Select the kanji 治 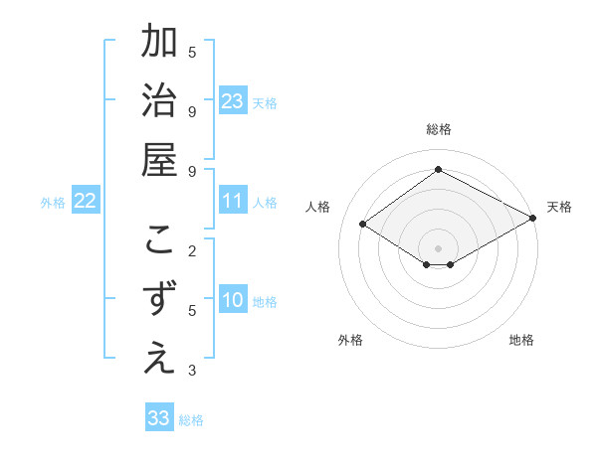(x=158, y=101)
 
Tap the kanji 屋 (x=158, y=160)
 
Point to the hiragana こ (x=158, y=241)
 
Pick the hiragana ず (x=158, y=301)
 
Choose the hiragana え (x=158, y=360)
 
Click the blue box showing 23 (x=233, y=101)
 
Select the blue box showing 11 (x=233, y=202)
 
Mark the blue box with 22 (x=85, y=202)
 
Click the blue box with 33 (x=159, y=418)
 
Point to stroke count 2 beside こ (x=192, y=250)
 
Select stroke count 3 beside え (x=192, y=371)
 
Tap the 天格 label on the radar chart (x=559, y=207)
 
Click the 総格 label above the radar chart (x=438, y=129)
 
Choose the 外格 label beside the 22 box (x=53, y=203)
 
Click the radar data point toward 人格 (x=363, y=225)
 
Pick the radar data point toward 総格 (x=438, y=169)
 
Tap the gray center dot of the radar (x=438, y=247)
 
